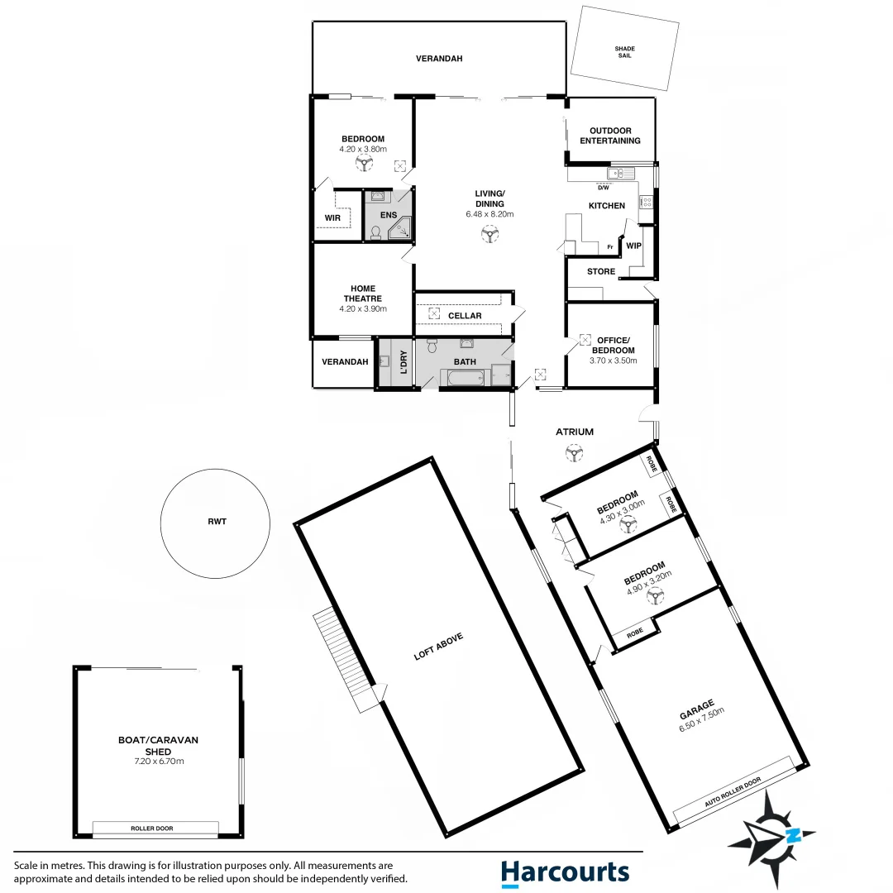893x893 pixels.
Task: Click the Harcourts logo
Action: pos(565,873)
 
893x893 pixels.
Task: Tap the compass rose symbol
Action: pos(771,830)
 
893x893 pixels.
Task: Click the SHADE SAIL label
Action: pos(625,54)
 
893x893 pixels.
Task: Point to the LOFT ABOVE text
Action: pos(439,647)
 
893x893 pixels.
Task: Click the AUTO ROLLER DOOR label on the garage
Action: pos(732,792)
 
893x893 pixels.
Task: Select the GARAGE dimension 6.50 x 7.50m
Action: pos(703,720)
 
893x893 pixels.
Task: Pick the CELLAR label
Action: pos(465,316)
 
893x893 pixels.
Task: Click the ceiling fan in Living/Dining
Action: pos(490,235)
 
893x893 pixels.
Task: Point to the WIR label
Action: pos(332,218)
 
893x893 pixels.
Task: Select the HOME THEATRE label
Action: pos(363,293)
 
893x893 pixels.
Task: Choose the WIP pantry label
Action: pos(633,246)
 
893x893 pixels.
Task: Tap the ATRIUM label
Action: pos(575,432)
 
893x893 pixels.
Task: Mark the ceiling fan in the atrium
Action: pos(572,452)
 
